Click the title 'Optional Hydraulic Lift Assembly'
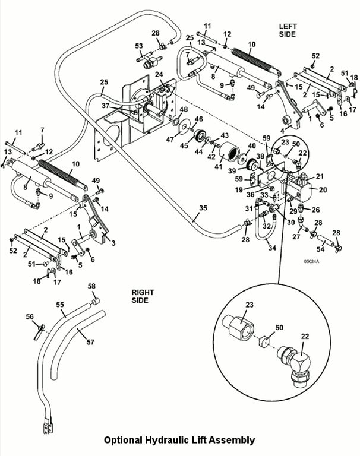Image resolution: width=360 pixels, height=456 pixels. click(x=179, y=440)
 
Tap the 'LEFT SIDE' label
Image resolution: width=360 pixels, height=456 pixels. click(x=291, y=31)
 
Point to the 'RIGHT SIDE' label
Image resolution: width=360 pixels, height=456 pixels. click(x=143, y=296)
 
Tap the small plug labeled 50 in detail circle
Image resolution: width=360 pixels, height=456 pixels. click(x=267, y=341)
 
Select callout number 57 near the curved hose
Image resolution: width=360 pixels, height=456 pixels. click(x=91, y=342)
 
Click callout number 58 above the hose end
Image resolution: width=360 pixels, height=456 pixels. click(x=91, y=286)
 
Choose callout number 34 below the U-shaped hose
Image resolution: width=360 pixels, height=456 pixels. click(x=273, y=248)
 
